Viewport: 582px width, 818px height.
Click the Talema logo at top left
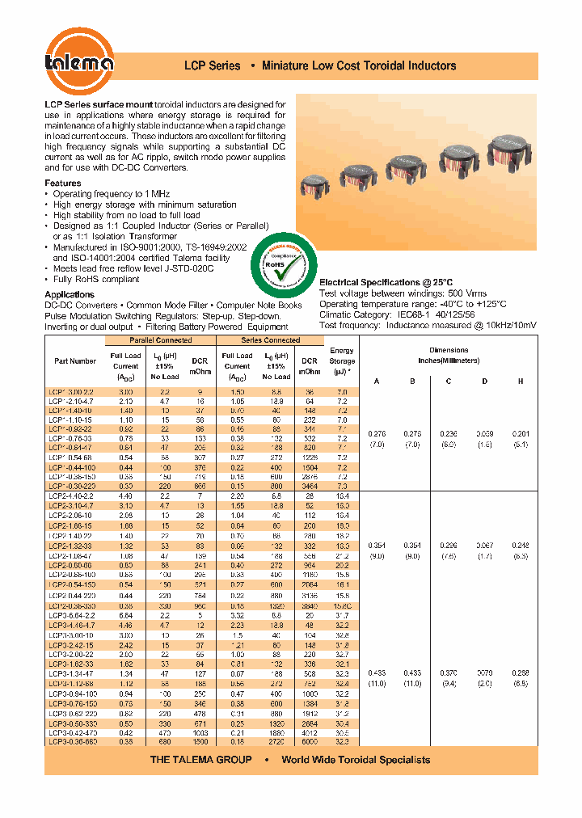(x=78, y=61)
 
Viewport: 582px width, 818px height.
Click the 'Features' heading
(x=63, y=183)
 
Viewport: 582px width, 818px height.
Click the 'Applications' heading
(x=70, y=294)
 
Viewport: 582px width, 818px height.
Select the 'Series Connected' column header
(x=272, y=340)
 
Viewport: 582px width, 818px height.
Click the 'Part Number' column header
(x=75, y=361)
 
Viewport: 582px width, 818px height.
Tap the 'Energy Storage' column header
(x=342, y=361)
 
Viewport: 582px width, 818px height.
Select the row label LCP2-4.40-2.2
(x=72, y=495)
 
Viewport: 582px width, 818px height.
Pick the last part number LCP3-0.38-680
(x=72, y=740)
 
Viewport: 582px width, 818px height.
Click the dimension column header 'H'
(x=521, y=381)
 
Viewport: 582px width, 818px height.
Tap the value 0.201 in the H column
(x=521, y=433)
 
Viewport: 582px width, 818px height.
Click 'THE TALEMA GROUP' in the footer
(x=201, y=760)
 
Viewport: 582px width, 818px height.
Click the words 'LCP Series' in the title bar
(x=213, y=65)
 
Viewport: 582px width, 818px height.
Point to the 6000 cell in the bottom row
(x=310, y=740)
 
